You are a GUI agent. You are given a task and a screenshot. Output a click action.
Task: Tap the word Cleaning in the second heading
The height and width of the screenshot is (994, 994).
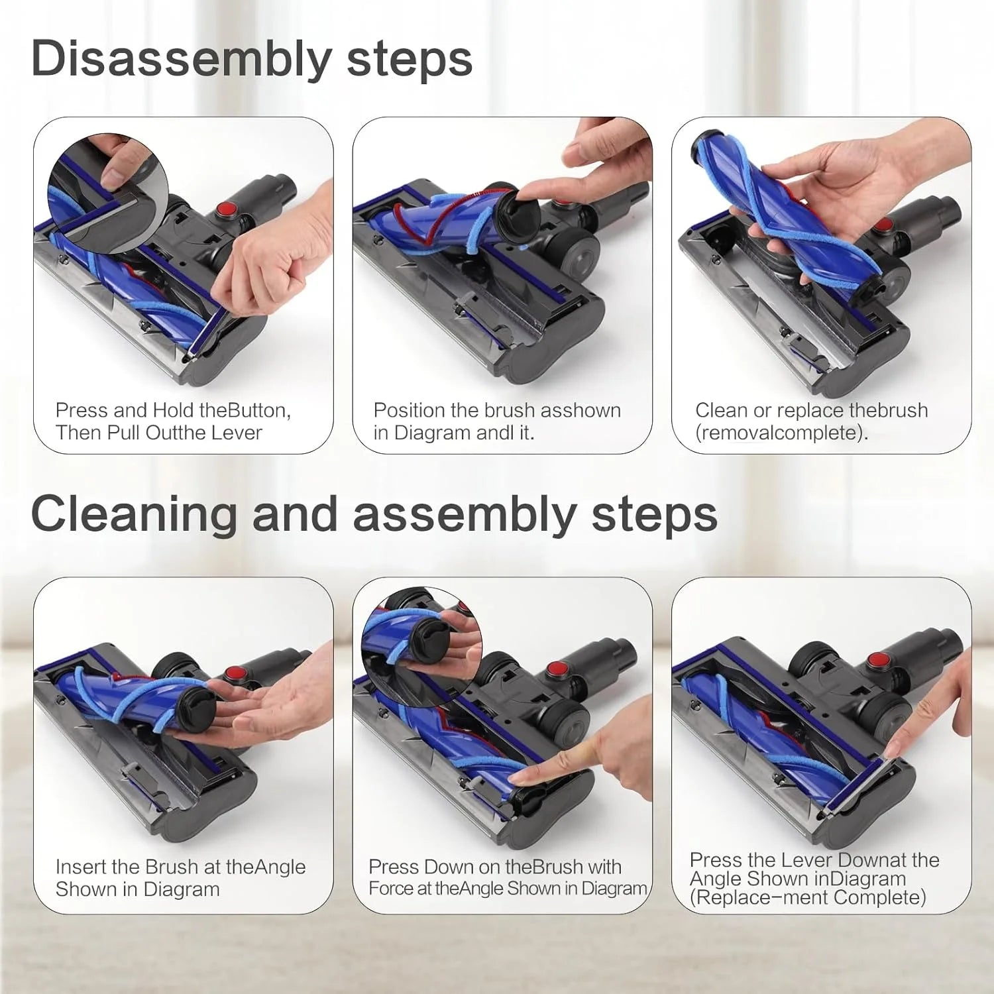tap(133, 514)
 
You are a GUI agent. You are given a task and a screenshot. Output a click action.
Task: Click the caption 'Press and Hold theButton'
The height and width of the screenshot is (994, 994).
tap(173, 411)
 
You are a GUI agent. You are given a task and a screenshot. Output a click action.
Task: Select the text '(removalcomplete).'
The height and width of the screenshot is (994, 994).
tap(781, 433)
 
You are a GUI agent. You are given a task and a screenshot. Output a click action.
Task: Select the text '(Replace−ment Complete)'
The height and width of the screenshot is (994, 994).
tap(808, 898)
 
